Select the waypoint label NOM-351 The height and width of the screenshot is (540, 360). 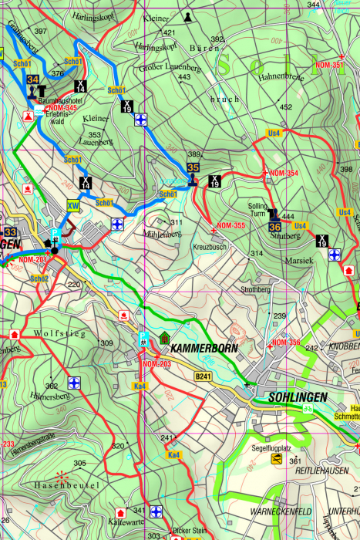pyautogui.click(x=328, y=66)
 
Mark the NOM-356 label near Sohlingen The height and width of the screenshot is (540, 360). pyautogui.click(x=285, y=342)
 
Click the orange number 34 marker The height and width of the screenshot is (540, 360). pyautogui.click(x=32, y=79)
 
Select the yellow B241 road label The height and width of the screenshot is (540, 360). pyautogui.click(x=203, y=376)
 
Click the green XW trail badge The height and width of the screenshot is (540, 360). pyautogui.click(x=73, y=205)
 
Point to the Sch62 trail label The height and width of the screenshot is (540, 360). pyautogui.click(x=39, y=278)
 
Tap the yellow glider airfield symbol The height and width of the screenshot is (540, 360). pyautogui.click(x=276, y=460)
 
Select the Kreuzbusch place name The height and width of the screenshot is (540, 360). pyautogui.click(x=209, y=246)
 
